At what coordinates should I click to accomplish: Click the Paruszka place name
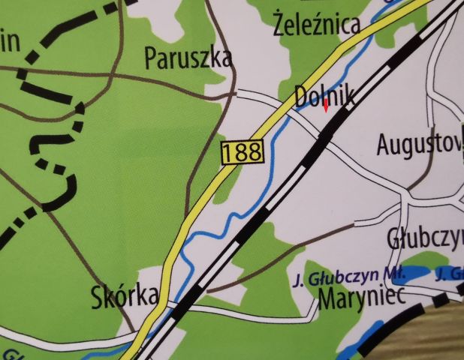[188, 58]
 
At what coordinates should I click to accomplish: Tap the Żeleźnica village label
[317, 25]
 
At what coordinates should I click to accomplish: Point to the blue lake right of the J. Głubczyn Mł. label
[414, 273]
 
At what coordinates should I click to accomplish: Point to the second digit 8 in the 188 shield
[255, 152]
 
